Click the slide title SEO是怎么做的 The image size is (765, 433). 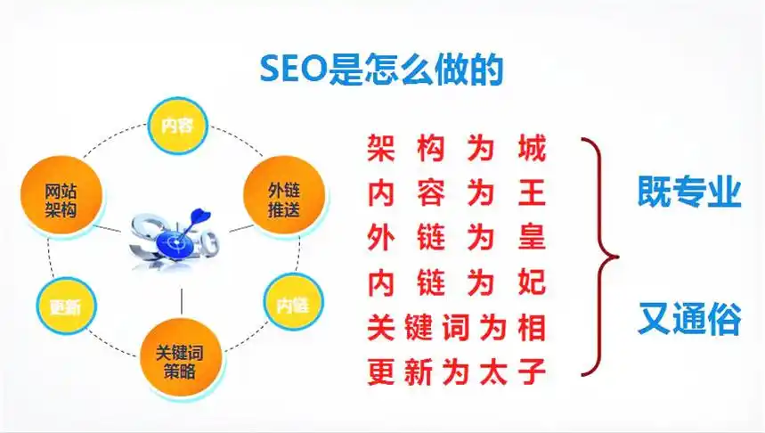pos(382,68)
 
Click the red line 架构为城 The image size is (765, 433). pos(457,148)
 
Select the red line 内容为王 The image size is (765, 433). pos(457,192)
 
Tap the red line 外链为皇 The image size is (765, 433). pos(457,238)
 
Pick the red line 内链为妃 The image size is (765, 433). pos(457,282)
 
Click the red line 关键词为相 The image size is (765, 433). pos(457,327)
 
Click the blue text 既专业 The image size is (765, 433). pos(689,192)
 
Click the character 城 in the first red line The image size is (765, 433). pos(532,148)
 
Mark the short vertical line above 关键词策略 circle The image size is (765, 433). pos(181,301)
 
